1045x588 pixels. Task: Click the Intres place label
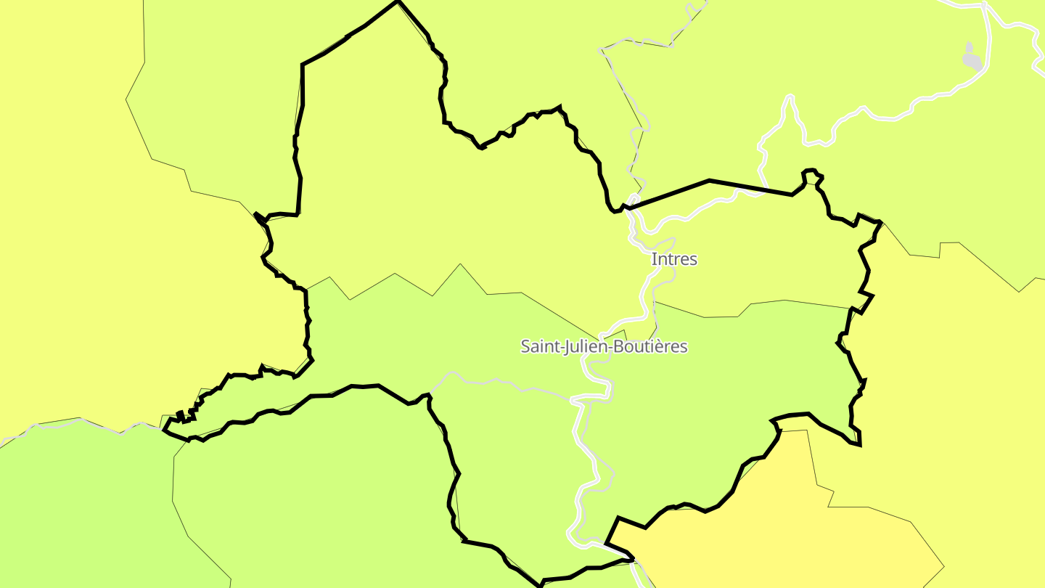(x=674, y=259)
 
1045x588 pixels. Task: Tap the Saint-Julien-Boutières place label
(x=604, y=346)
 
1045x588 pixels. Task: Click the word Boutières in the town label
(x=650, y=346)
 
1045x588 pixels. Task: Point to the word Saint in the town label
(x=538, y=346)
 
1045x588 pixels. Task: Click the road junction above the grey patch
(x=985, y=6)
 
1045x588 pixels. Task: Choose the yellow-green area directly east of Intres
(x=784, y=254)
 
